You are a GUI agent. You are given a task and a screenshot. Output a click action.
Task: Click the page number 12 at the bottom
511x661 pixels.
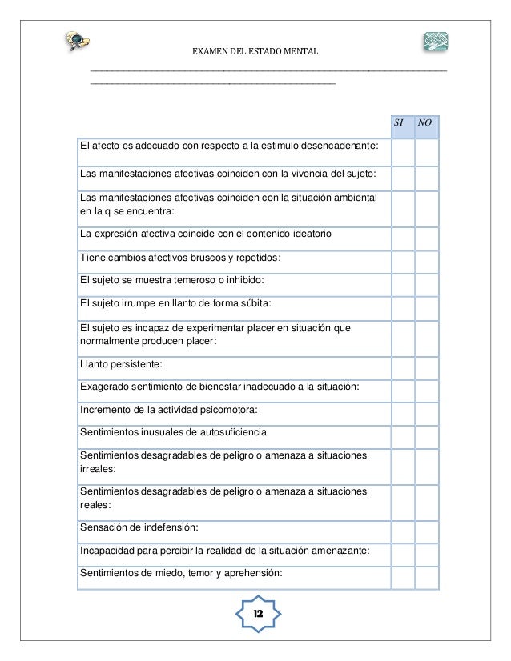[259, 613]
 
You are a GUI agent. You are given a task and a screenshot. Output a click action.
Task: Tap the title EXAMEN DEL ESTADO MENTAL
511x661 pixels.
[255, 53]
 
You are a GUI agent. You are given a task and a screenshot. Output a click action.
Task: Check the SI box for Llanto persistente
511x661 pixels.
[402, 364]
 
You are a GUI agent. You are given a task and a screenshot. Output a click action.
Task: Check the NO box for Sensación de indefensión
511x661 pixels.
[427, 527]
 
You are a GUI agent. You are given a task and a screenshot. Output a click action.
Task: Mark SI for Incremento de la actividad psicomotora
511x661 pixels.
[402, 410]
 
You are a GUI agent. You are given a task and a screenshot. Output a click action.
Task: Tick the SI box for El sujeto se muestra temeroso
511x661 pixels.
[402, 280]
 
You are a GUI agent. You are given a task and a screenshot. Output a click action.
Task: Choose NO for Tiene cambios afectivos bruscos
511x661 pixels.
[427, 258]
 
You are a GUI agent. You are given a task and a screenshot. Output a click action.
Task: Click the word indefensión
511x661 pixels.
[165, 527]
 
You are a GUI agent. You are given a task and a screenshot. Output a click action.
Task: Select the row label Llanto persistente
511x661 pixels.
[120, 364]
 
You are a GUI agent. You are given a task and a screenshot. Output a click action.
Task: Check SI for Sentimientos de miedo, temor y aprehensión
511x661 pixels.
[402, 572]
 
